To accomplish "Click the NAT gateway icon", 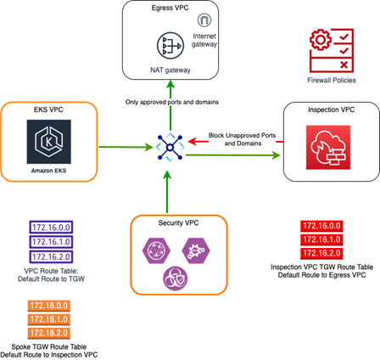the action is [170, 46].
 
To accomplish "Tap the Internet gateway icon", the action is [204, 20].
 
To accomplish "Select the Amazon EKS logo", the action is [49, 142].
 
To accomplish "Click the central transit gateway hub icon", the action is [170, 148].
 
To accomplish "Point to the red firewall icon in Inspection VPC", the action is [328, 148].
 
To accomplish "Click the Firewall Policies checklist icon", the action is [332, 50].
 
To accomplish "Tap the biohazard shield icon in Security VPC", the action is [176, 278].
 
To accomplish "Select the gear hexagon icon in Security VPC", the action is [196, 250].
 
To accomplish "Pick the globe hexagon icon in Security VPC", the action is [156, 250].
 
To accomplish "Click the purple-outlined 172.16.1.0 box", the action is [51, 242].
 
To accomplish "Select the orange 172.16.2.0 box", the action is [49, 333].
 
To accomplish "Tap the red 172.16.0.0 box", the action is [321, 226].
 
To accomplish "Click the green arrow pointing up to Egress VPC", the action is [170, 105].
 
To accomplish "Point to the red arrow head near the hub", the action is [192, 141].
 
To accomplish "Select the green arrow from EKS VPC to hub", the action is [126, 147].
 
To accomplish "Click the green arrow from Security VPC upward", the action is [167, 192].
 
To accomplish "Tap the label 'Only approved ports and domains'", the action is [172, 102].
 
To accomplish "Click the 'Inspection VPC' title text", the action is [331, 110].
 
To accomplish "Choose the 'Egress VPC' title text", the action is [170, 8].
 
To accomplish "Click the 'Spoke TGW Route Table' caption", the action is [49, 346].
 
